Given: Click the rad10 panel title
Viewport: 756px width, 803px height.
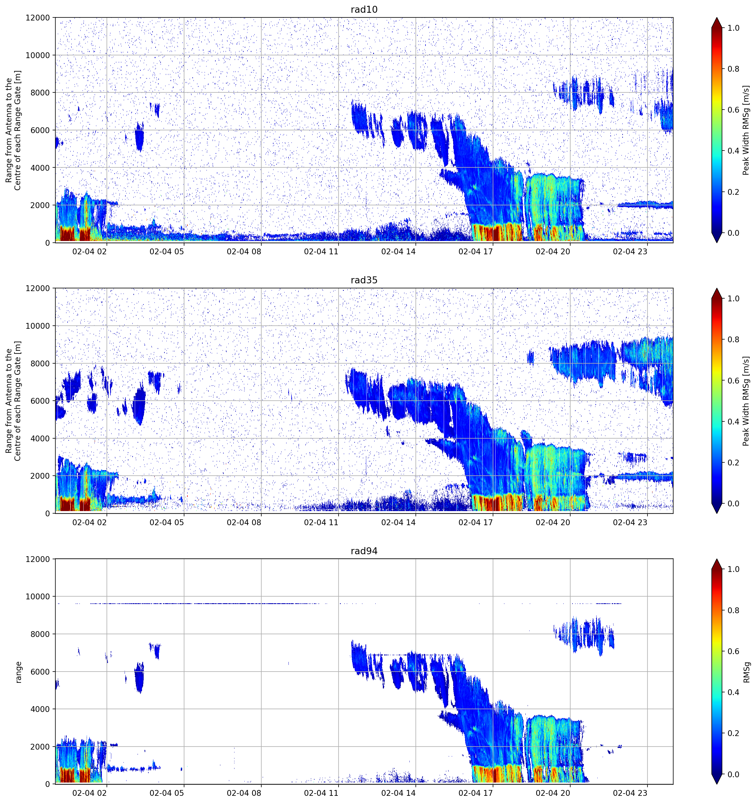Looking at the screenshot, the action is (x=364, y=9).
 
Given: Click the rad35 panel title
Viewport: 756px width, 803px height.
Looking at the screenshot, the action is (x=364, y=280).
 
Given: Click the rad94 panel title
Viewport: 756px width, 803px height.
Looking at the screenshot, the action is (x=364, y=551).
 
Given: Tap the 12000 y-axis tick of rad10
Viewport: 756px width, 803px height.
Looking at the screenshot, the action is (x=38, y=18).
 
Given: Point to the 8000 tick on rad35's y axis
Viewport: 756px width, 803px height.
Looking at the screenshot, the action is (x=40, y=364).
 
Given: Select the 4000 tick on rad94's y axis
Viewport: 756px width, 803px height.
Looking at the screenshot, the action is (x=40, y=709).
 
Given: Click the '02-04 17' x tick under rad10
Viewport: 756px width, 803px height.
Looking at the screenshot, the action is (x=476, y=252).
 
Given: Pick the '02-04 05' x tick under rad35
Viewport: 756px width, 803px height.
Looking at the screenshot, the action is (x=167, y=522).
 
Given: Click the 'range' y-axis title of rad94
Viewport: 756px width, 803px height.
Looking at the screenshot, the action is (x=18, y=672).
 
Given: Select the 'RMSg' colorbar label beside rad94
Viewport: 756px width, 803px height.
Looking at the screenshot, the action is (x=746, y=672).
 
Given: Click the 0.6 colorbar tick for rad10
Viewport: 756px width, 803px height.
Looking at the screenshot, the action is (x=733, y=110).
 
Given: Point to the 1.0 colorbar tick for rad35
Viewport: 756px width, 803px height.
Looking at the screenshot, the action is (x=733, y=299).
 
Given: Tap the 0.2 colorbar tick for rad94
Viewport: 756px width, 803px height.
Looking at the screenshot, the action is (x=733, y=733).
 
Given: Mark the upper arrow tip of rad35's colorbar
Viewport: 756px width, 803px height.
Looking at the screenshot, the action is (x=716, y=288).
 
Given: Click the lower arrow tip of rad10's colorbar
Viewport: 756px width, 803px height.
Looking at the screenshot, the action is (x=716, y=243).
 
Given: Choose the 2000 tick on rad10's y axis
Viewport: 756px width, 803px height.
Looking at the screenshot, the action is (x=40, y=205).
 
